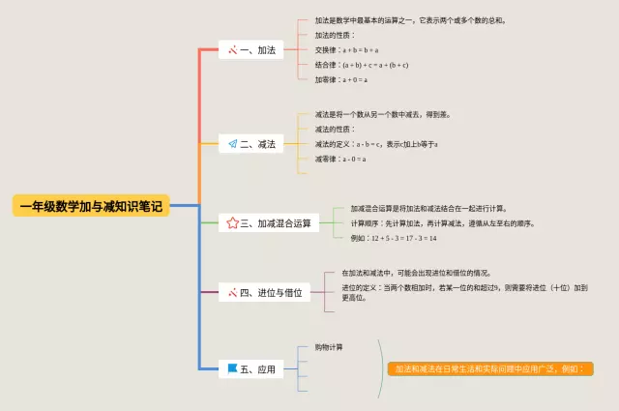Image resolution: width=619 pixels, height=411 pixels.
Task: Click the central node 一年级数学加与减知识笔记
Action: point(91,205)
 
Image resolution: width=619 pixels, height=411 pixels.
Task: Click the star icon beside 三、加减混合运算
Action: point(232,223)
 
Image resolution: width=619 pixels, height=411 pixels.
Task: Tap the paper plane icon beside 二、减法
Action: point(232,144)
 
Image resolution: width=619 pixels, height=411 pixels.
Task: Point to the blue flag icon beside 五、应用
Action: point(232,368)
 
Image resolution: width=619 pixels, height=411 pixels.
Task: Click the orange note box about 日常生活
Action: point(489,368)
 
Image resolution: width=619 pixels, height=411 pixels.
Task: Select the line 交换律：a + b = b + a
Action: point(346,49)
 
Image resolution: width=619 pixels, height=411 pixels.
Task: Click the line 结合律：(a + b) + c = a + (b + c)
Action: point(362,65)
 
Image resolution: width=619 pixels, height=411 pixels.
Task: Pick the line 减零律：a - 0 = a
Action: point(340,160)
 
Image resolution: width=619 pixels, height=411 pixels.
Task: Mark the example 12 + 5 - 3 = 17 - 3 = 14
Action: point(394,238)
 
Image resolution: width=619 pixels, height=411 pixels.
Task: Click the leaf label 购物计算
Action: point(328,347)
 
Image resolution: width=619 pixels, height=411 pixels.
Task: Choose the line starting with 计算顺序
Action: point(442,223)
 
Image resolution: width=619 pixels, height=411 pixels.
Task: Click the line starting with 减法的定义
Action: point(376,144)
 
